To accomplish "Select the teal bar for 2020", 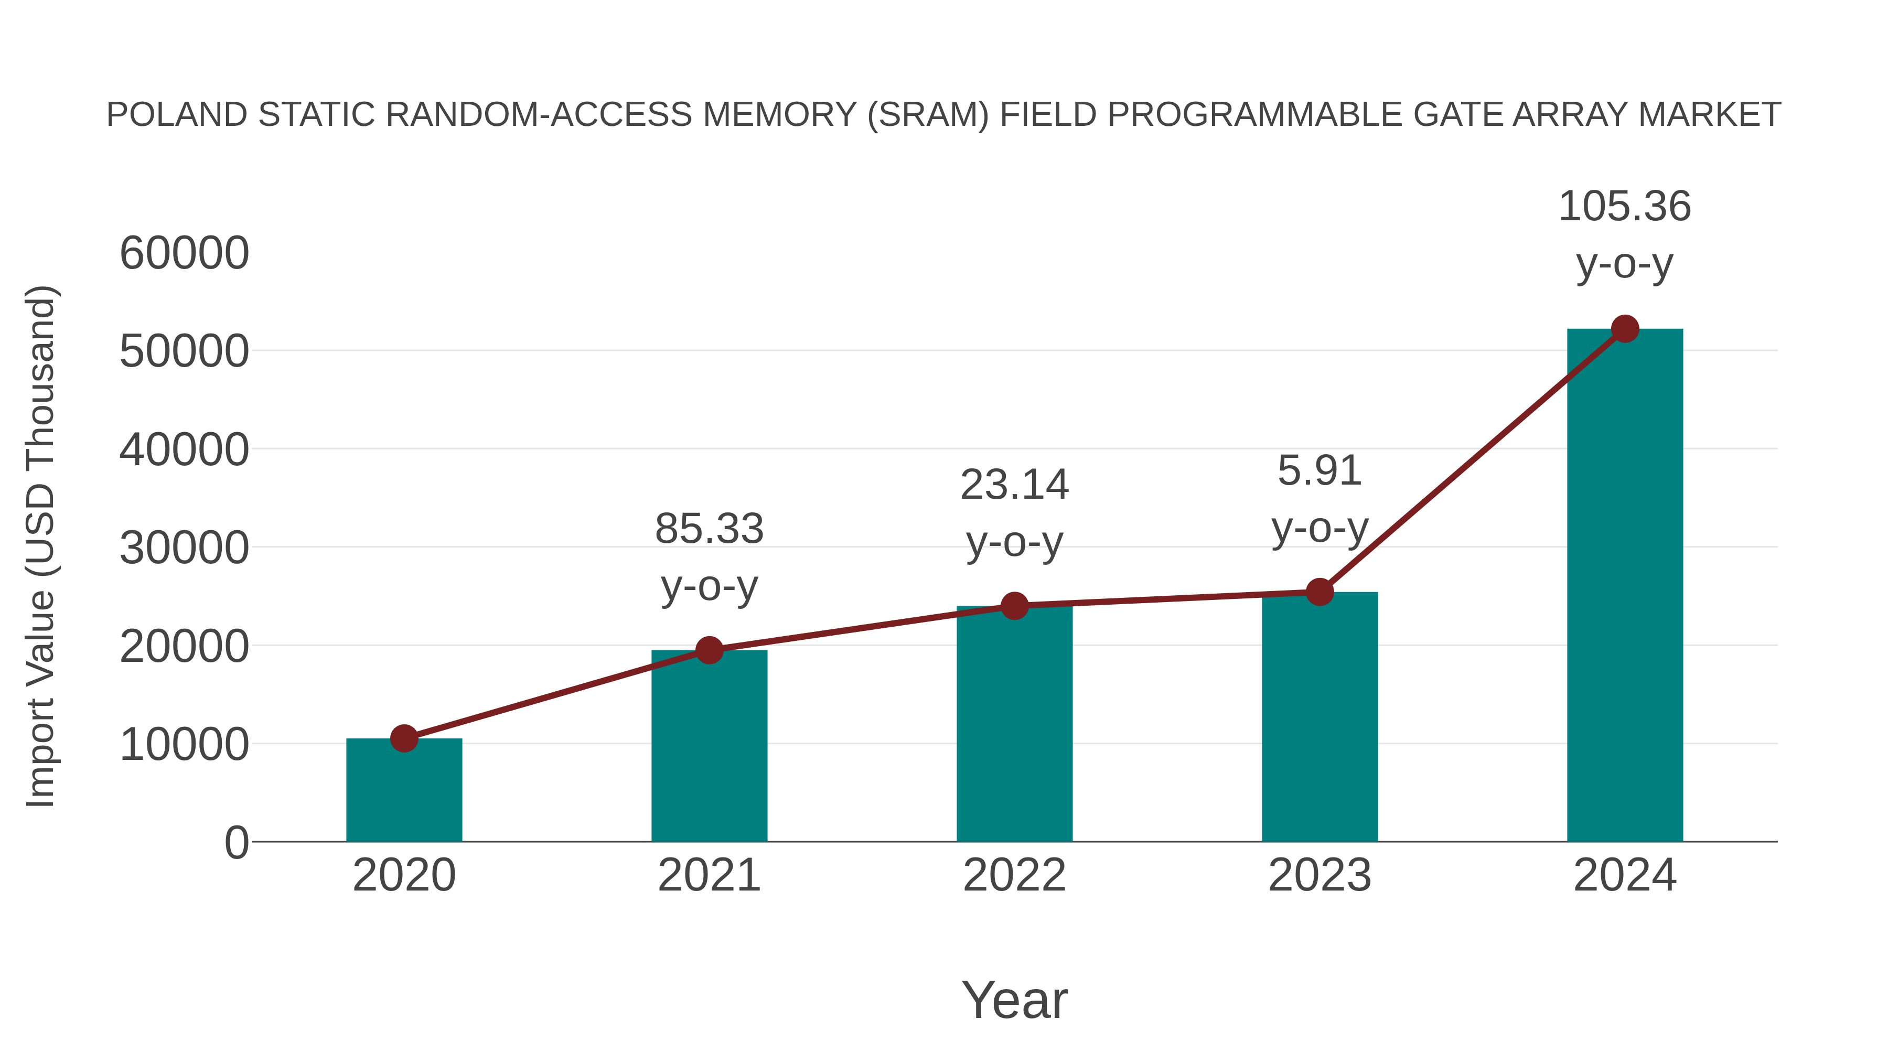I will coord(404,791).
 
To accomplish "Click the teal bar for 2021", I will coord(709,747).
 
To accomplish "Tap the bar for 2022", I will coord(1014,726).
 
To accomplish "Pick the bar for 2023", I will coord(1320,718).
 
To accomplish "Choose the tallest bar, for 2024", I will coord(1625,586).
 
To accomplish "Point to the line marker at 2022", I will coord(1014,606).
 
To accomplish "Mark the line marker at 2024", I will coord(1625,329).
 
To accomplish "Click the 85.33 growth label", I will coord(709,529).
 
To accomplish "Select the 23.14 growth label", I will coord(1014,485).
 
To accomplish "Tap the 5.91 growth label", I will coord(1320,470).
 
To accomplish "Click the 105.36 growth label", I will coord(1625,207).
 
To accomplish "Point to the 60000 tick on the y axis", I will coord(184,254).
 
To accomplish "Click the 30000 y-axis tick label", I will coord(184,548).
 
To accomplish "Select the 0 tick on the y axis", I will coord(236,843).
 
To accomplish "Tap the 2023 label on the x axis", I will coord(1320,875).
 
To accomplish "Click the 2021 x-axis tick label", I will coord(709,875).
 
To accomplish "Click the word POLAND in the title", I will coord(177,115).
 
